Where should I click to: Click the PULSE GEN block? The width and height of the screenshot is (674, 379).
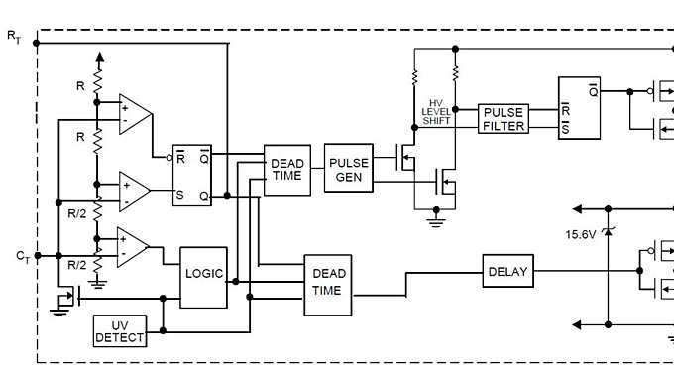348,170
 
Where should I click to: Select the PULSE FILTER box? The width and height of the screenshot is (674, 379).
504,118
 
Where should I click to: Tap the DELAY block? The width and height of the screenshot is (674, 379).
508,271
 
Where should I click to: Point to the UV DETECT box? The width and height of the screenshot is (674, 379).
119,331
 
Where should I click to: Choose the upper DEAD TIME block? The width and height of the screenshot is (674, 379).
286,170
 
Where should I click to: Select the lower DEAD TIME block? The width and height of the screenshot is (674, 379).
328,284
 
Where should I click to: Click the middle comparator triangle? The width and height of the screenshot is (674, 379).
134,189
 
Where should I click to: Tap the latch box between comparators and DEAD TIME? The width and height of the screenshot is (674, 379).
193,175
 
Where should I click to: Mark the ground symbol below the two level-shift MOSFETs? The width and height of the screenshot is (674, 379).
435,221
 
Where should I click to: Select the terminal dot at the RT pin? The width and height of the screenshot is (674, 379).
37,43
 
